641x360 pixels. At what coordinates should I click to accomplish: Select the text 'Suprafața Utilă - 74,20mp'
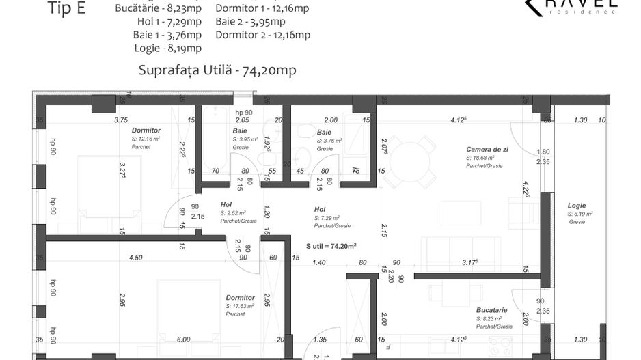click(217, 70)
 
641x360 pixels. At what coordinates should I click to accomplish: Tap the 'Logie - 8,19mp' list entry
click(168, 48)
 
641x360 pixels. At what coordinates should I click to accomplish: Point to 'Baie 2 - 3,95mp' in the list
click(250, 22)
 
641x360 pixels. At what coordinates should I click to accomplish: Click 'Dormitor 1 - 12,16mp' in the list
click(261, 9)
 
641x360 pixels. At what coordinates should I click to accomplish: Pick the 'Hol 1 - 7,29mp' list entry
click(169, 22)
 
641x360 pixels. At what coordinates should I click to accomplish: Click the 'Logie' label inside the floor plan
click(577, 206)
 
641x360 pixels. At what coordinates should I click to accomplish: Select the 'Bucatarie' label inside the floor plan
click(492, 309)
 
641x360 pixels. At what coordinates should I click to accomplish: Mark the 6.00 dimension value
click(183, 340)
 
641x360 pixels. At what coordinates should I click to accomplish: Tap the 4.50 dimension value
click(136, 258)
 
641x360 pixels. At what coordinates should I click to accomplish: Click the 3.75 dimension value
click(120, 120)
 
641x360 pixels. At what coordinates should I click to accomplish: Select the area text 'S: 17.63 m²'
click(240, 306)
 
